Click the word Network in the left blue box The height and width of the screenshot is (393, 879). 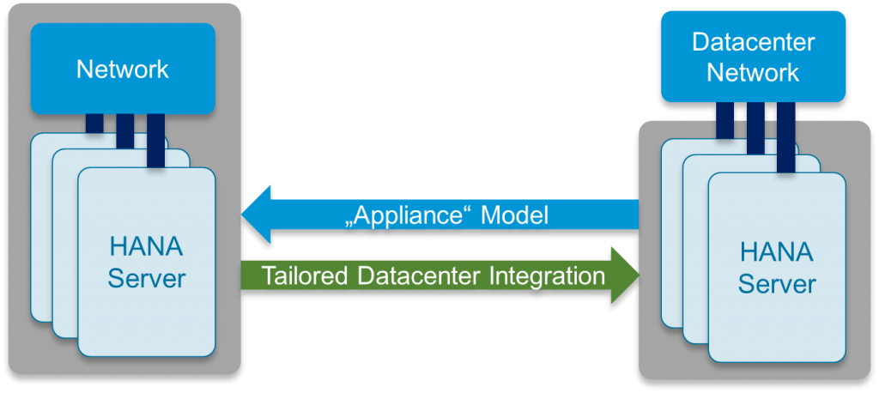[123, 69]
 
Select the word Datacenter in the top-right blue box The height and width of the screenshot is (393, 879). [753, 43]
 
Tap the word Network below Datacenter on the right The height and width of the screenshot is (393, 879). [753, 72]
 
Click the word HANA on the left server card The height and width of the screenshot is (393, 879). [146, 247]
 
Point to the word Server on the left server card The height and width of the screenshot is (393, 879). [146, 278]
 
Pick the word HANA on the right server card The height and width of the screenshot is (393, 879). [776, 252]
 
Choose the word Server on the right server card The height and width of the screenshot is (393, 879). [776, 283]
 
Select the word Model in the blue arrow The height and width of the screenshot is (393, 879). [513, 215]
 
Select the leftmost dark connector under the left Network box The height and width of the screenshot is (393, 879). [94, 124]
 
